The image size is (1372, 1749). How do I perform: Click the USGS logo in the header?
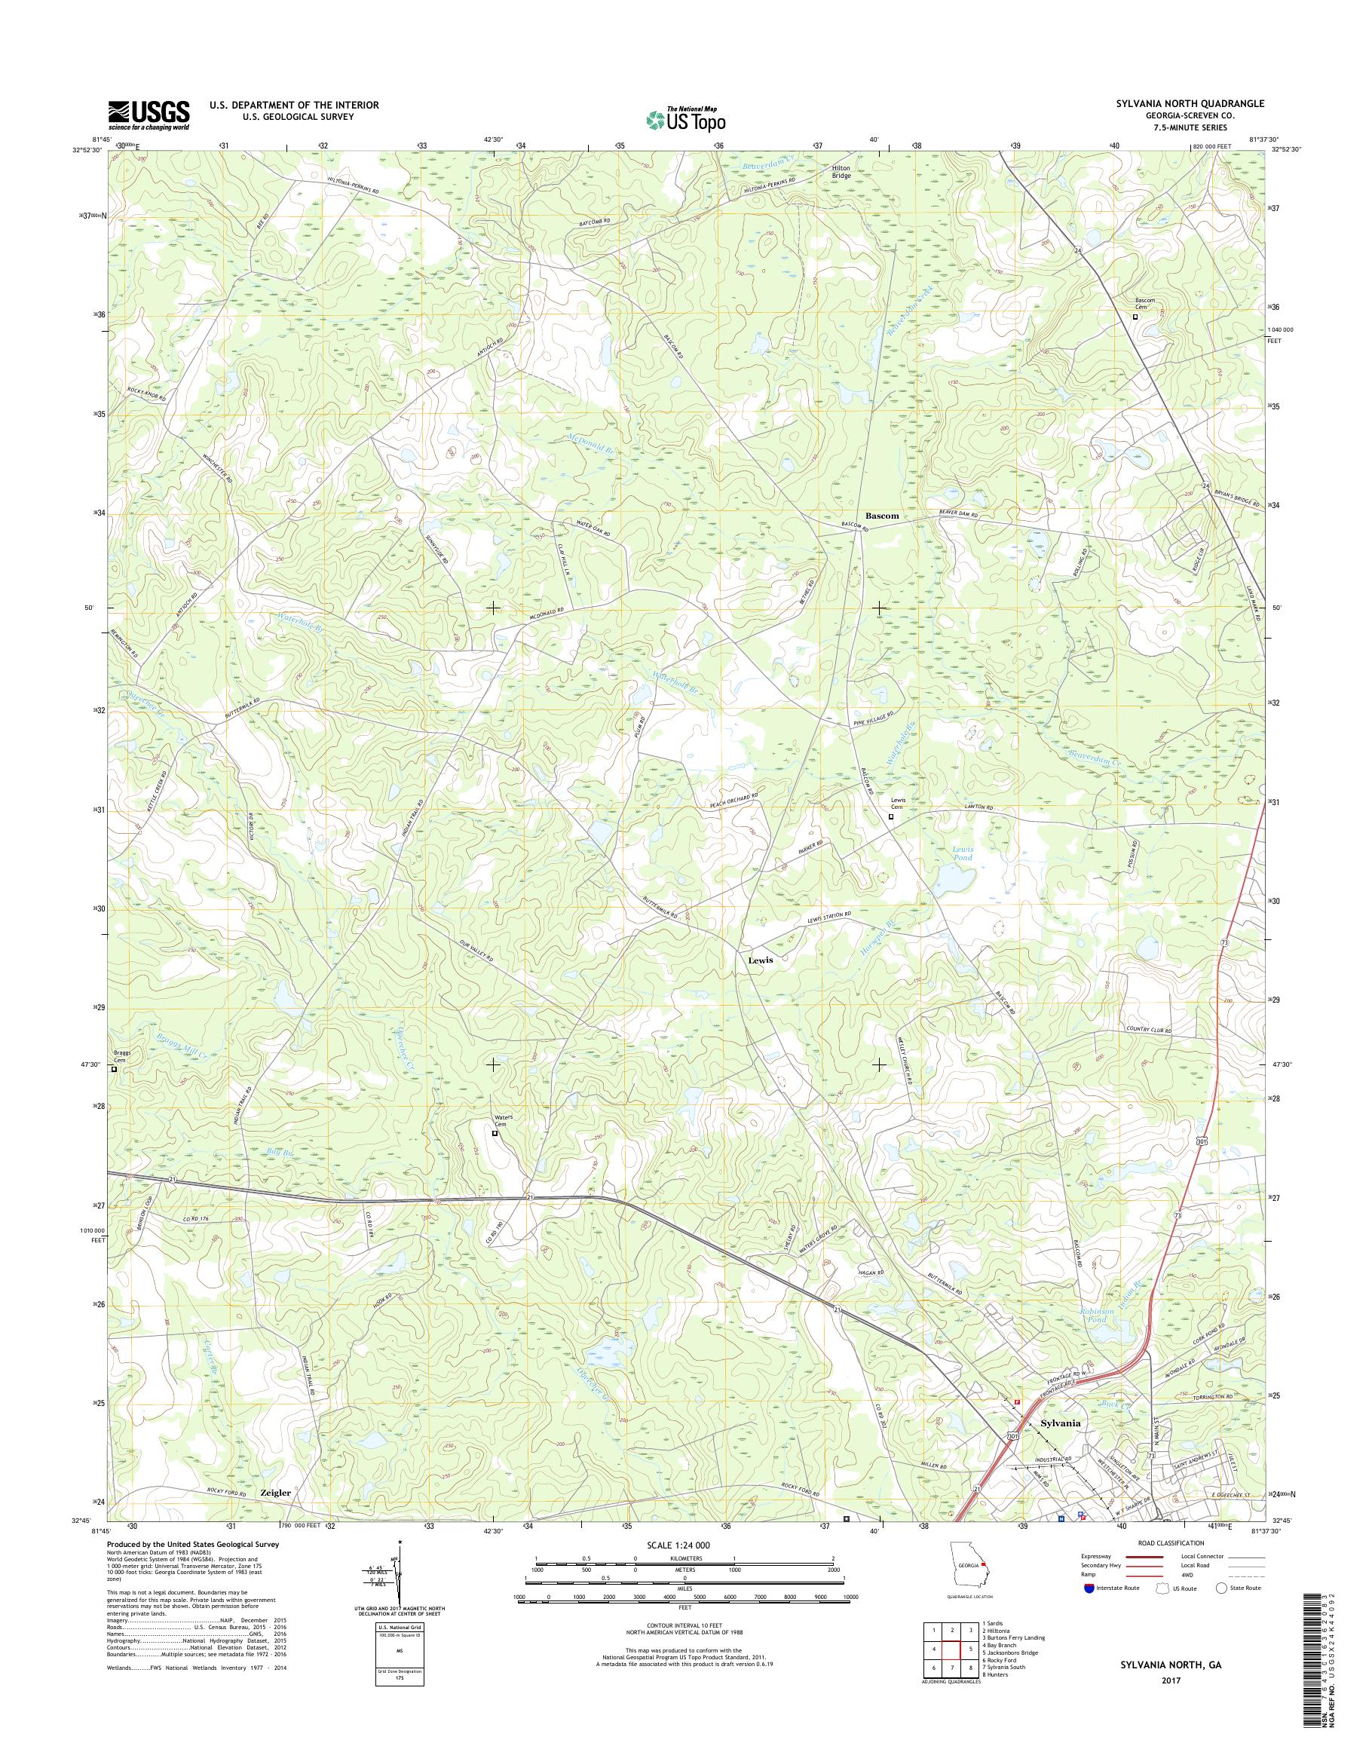149,115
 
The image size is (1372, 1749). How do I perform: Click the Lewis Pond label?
963,853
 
